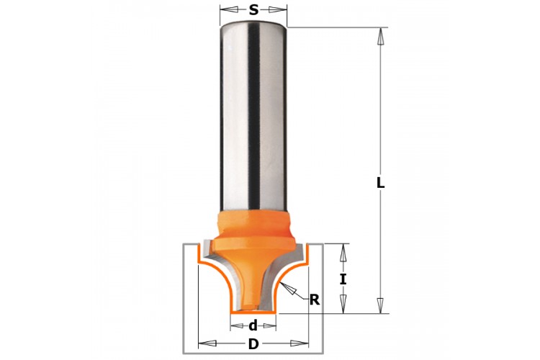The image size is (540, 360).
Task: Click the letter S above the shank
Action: pos(253,10)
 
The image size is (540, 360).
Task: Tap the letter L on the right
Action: pos(380,183)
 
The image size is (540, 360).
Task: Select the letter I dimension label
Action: pos(343,279)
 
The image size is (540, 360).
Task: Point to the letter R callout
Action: pos(315,300)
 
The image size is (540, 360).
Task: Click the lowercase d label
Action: pos(253,325)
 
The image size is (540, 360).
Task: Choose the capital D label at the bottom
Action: pos(253,344)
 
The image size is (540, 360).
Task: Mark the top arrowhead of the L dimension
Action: pos(380,36)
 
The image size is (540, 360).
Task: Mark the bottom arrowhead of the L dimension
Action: pos(380,305)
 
